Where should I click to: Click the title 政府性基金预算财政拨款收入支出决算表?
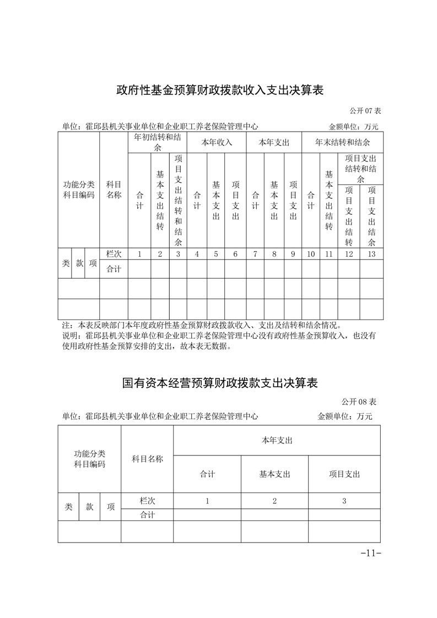pos(219,90)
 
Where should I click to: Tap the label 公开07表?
pos(364,111)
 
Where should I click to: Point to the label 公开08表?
pos(359,401)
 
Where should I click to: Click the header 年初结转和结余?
pos(158,143)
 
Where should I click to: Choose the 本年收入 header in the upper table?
pos(217,143)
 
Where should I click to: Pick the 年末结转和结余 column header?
pos(342,143)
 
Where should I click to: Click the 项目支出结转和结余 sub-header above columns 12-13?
pos(360,169)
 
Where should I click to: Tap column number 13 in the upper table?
pos(371,254)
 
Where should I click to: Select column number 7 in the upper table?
pos(255,254)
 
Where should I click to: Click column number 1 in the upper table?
pos(139,254)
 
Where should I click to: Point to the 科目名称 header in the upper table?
pos(114,189)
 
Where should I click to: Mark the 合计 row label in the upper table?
pos(114,269)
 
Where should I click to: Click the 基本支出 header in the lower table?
pos(274,474)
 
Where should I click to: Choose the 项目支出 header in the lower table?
pos(344,474)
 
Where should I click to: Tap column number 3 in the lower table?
pos(344,501)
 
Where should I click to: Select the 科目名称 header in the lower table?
pos(147,459)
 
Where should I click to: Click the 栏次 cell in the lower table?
pos(147,501)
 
